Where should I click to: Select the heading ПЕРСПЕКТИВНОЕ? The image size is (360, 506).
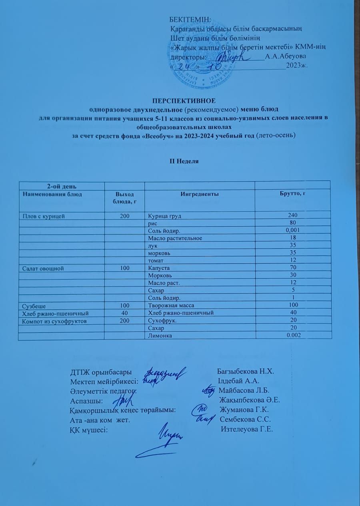[x=184, y=100]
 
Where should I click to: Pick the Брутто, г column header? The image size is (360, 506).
[x=293, y=193]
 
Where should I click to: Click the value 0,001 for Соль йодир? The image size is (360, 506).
[x=293, y=231]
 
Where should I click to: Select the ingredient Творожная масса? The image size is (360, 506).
[x=170, y=306]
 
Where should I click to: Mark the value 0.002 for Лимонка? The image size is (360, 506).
[x=293, y=336]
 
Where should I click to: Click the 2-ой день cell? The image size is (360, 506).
[x=60, y=186]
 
